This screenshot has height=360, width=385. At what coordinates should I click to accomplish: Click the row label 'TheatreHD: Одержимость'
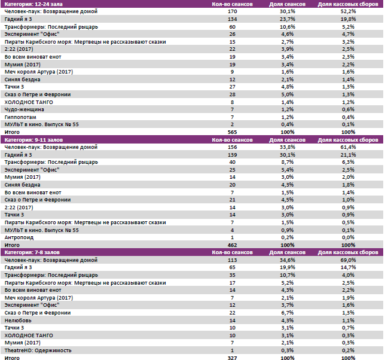[x=38, y=350]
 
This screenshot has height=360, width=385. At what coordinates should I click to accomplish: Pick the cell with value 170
[x=233, y=12]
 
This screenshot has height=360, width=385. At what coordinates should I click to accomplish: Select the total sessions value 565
[x=233, y=132]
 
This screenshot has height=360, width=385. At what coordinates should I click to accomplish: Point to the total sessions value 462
[x=233, y=245]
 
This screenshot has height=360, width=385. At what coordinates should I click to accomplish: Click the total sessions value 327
[x=233, y=358]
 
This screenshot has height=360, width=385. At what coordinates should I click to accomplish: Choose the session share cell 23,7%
[x=288, y=19]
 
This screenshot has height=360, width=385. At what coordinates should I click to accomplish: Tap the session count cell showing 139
[x=233, y=155]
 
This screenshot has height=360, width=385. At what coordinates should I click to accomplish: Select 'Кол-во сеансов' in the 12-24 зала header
[x=233, y=4]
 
